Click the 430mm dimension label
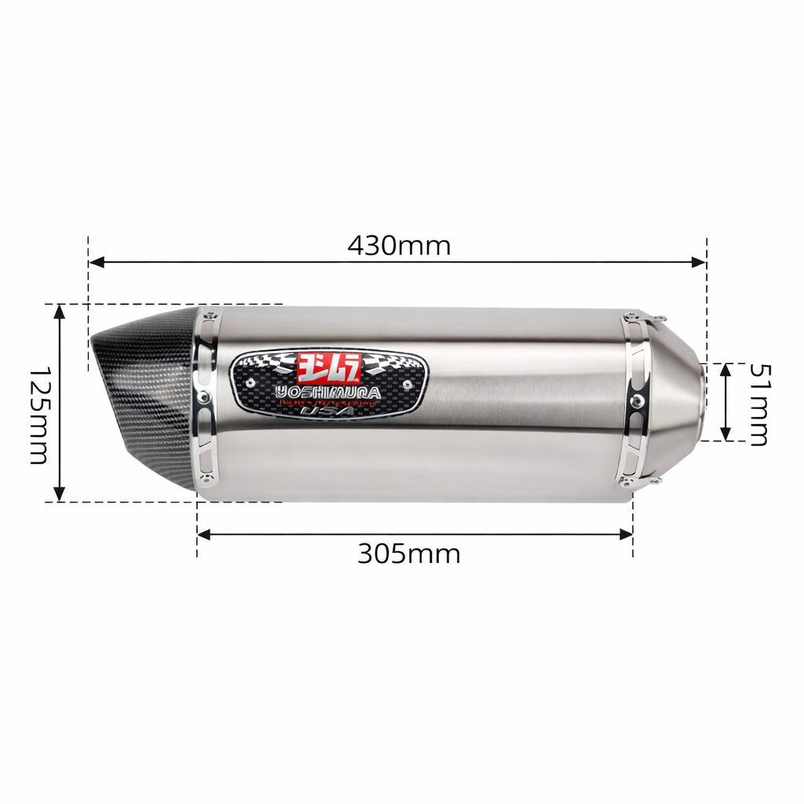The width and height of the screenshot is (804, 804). coord(399,246)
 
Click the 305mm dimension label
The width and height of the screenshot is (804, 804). coord(408,554)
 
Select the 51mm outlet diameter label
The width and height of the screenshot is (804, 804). coord(758,404)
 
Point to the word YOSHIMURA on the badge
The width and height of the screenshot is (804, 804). coord(328,391)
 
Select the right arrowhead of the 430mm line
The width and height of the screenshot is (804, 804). coord(700,262)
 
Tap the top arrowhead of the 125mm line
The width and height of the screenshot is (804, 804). coord(59,311)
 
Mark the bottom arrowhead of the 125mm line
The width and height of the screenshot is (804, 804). coord(59,495)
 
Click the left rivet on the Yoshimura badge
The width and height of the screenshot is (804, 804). coord(250,382)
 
